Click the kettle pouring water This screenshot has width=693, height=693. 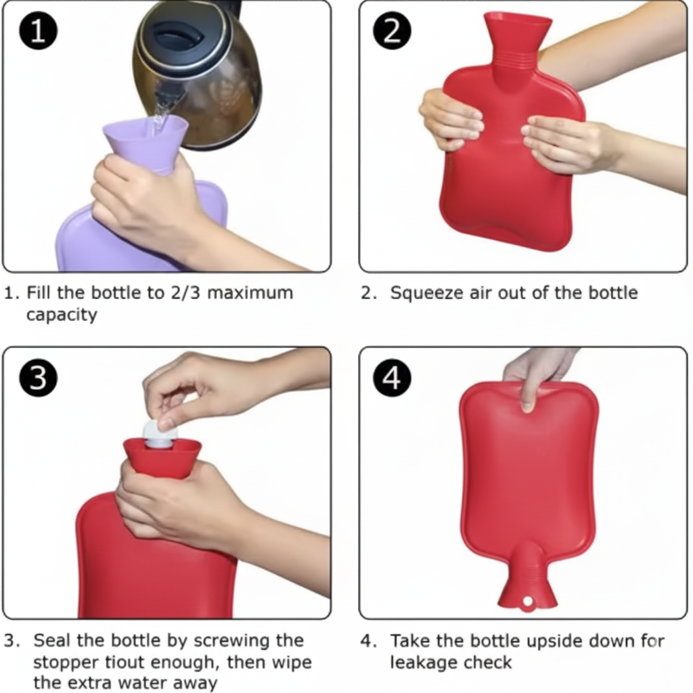click(x=203, y=74)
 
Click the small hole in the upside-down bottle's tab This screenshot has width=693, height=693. click(x=527, y=601)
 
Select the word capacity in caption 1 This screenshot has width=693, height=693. click(x=61, y=315)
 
